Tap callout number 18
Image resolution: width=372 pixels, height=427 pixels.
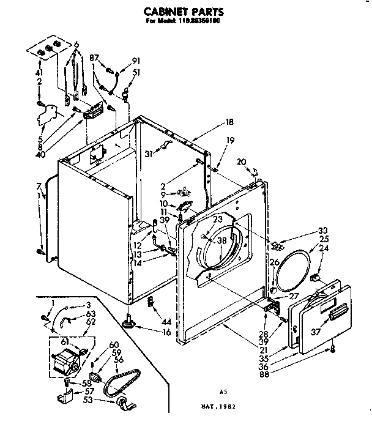click(x=229, y=122)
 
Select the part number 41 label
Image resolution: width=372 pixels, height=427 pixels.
click(x=40, y=71)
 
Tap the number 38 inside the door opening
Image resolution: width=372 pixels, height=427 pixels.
click(x=221, y=240)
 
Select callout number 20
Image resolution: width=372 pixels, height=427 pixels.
click(x=242, y=162)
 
